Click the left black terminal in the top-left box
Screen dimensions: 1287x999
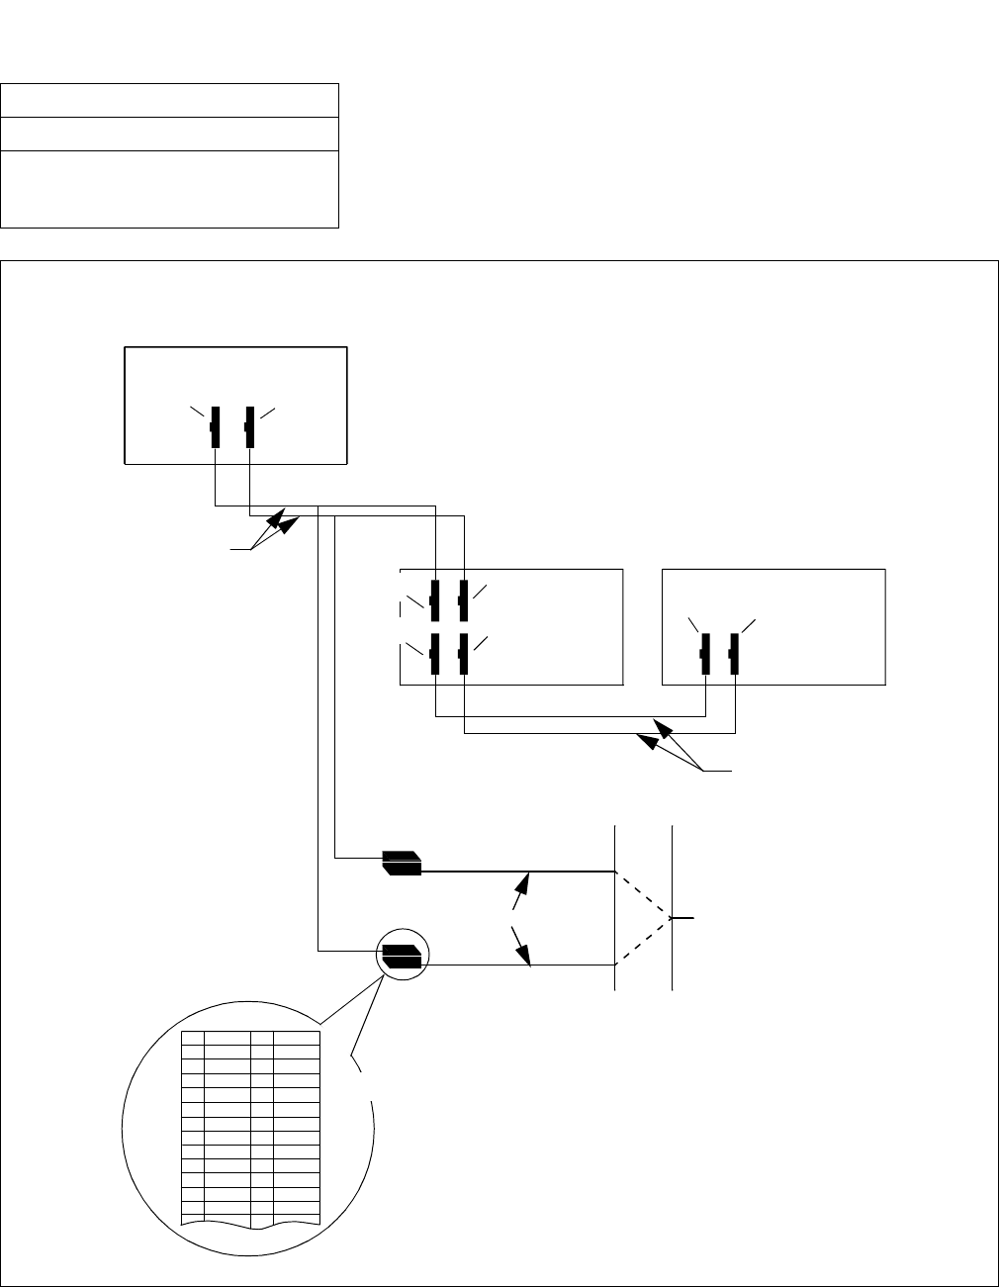[x=216, y=426]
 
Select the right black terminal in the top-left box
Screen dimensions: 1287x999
[x=249, y=426]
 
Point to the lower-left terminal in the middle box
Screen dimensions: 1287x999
[x=435, y=654]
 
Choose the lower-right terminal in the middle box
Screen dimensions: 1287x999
[x=463, y=654]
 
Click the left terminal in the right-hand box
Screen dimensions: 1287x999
[x=704, y=653]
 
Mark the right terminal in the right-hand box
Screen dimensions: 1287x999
[x=734, y=653]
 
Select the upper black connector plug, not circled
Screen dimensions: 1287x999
[x=403, y=863]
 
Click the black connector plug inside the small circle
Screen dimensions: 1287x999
[x=402, y=956]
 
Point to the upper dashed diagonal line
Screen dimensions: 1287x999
[x=644, y=894]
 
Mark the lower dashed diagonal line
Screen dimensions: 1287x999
[x=644, y=942]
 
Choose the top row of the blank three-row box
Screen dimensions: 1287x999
[x=170, y=101]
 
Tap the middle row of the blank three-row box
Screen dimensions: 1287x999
[x=170, y=135]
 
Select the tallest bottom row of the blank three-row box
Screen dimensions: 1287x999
[x=170, y=189]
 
